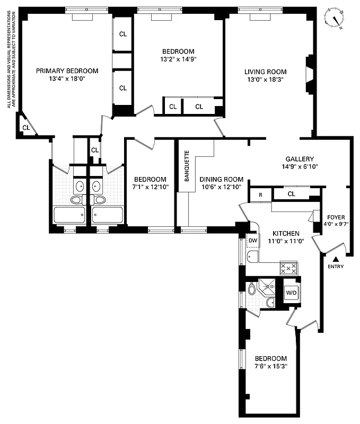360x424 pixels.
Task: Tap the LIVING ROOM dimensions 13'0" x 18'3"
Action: tap(265, 81)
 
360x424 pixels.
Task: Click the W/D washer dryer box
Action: tap(291, 292)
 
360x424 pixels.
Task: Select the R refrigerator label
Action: tap(260, 195)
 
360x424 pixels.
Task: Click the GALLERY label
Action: tap(300, 159)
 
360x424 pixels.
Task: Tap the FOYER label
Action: tap(336, 217)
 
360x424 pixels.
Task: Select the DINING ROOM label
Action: tap(221, 179)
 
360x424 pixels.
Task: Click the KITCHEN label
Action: tap(286, 233)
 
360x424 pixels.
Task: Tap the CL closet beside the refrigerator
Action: tap(291, 195)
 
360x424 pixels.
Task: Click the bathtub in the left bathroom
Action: tap(69, 216)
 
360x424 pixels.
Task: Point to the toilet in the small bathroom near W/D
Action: tap(252, 289)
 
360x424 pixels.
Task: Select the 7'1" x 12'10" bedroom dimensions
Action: tap(150, 187)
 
